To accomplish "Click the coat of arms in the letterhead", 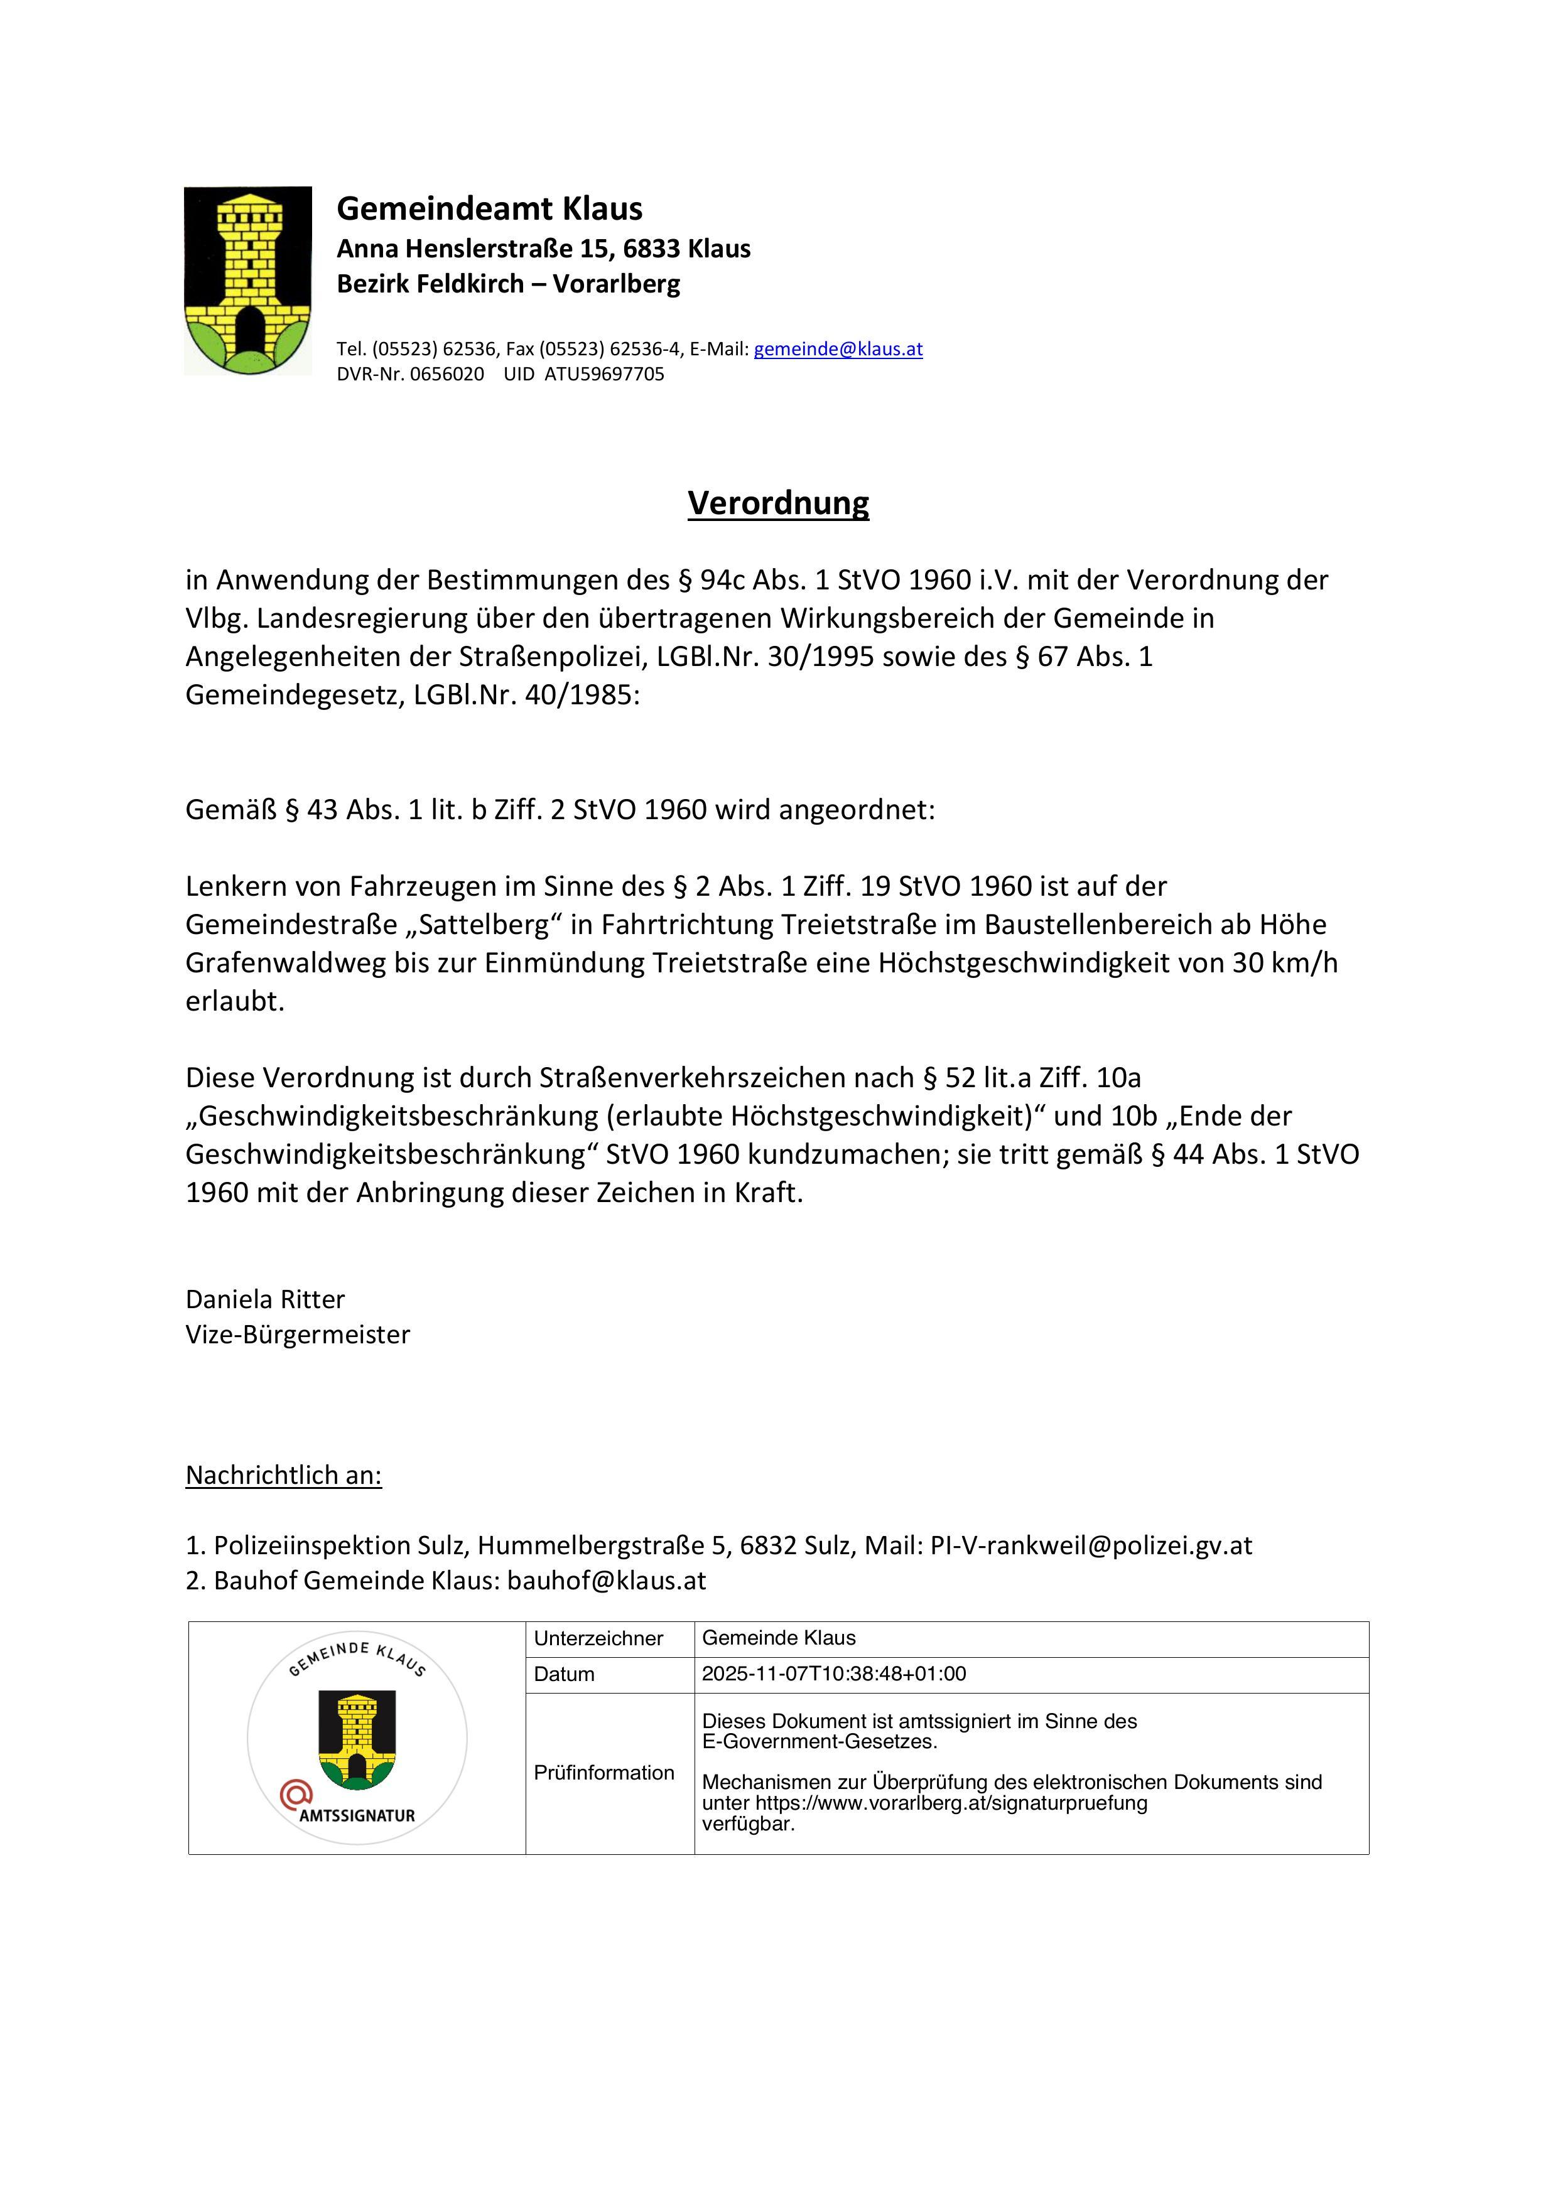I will click(247, 280).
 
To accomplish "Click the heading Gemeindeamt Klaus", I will click(489, 208).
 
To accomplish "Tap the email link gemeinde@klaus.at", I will click(838, 349).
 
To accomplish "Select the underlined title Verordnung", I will click(778, 503).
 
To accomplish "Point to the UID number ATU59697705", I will click(603, 374).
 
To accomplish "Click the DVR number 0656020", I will click(447, 374).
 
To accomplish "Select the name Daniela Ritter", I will click(265, 1299).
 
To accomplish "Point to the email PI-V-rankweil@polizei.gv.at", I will click(1091, 1545).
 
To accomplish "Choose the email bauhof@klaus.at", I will click(607, 1581).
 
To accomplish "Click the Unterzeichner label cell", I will click(598, 1638).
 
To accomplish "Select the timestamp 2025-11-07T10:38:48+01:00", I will click(834, 1673).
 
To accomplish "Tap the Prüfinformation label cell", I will click(604, 1773).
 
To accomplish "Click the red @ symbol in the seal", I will click(296, 1793).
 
